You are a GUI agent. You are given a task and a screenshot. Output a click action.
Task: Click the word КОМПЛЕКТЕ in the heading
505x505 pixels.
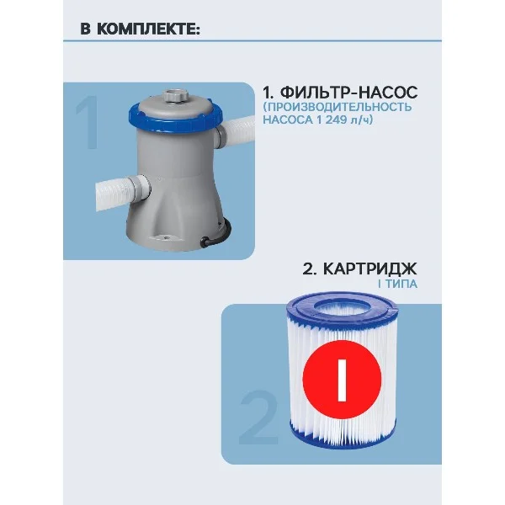pos(148,29)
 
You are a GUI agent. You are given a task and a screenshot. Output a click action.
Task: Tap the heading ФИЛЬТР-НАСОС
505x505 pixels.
pos(348,93)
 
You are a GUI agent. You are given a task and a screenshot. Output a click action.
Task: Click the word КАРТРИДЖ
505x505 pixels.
pos(369,268)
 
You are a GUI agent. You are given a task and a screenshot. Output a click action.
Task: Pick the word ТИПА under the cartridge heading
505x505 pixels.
pos(401,284)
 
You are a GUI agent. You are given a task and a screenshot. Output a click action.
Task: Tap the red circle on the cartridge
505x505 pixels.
pos(342,379)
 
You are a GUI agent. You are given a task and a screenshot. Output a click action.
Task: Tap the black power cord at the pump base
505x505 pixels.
pos(218,236)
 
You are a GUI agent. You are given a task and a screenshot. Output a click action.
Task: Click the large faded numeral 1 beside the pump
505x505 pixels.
pos(88,123)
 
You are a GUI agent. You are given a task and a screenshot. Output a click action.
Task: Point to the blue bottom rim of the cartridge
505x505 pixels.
pos(342,439)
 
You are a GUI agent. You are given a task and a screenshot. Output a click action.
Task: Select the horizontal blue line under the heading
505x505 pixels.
pos(252,41)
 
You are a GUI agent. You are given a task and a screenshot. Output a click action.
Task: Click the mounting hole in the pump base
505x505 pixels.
pos(167,238)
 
